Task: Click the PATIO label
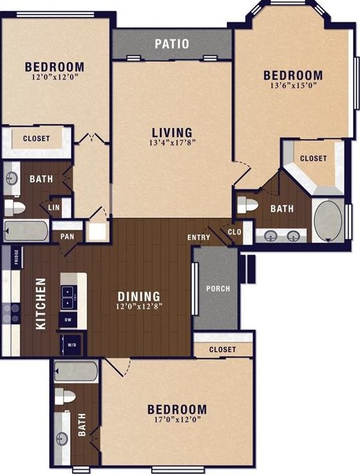(172, 44)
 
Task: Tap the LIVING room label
(172, 132)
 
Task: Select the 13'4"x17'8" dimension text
(171, 143)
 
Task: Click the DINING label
(139, 296)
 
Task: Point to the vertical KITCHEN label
(41, 304)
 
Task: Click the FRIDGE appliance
(16, 257)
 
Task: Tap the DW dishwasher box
(68, 320)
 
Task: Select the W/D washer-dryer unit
(71, 345)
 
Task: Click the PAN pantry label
(67, 236)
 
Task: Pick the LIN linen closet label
(54, 208)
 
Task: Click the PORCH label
(218, 289)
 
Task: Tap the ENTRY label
(198, 238)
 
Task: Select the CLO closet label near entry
(235, 232)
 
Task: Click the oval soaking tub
(328, 221)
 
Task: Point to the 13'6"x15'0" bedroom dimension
(293, 86)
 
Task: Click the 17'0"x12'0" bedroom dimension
(178, 420)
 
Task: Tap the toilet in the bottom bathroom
(65, 396)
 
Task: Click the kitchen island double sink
(68, 298)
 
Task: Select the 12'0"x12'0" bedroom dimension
(55, 77)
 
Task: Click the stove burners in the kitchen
(11, 313)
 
